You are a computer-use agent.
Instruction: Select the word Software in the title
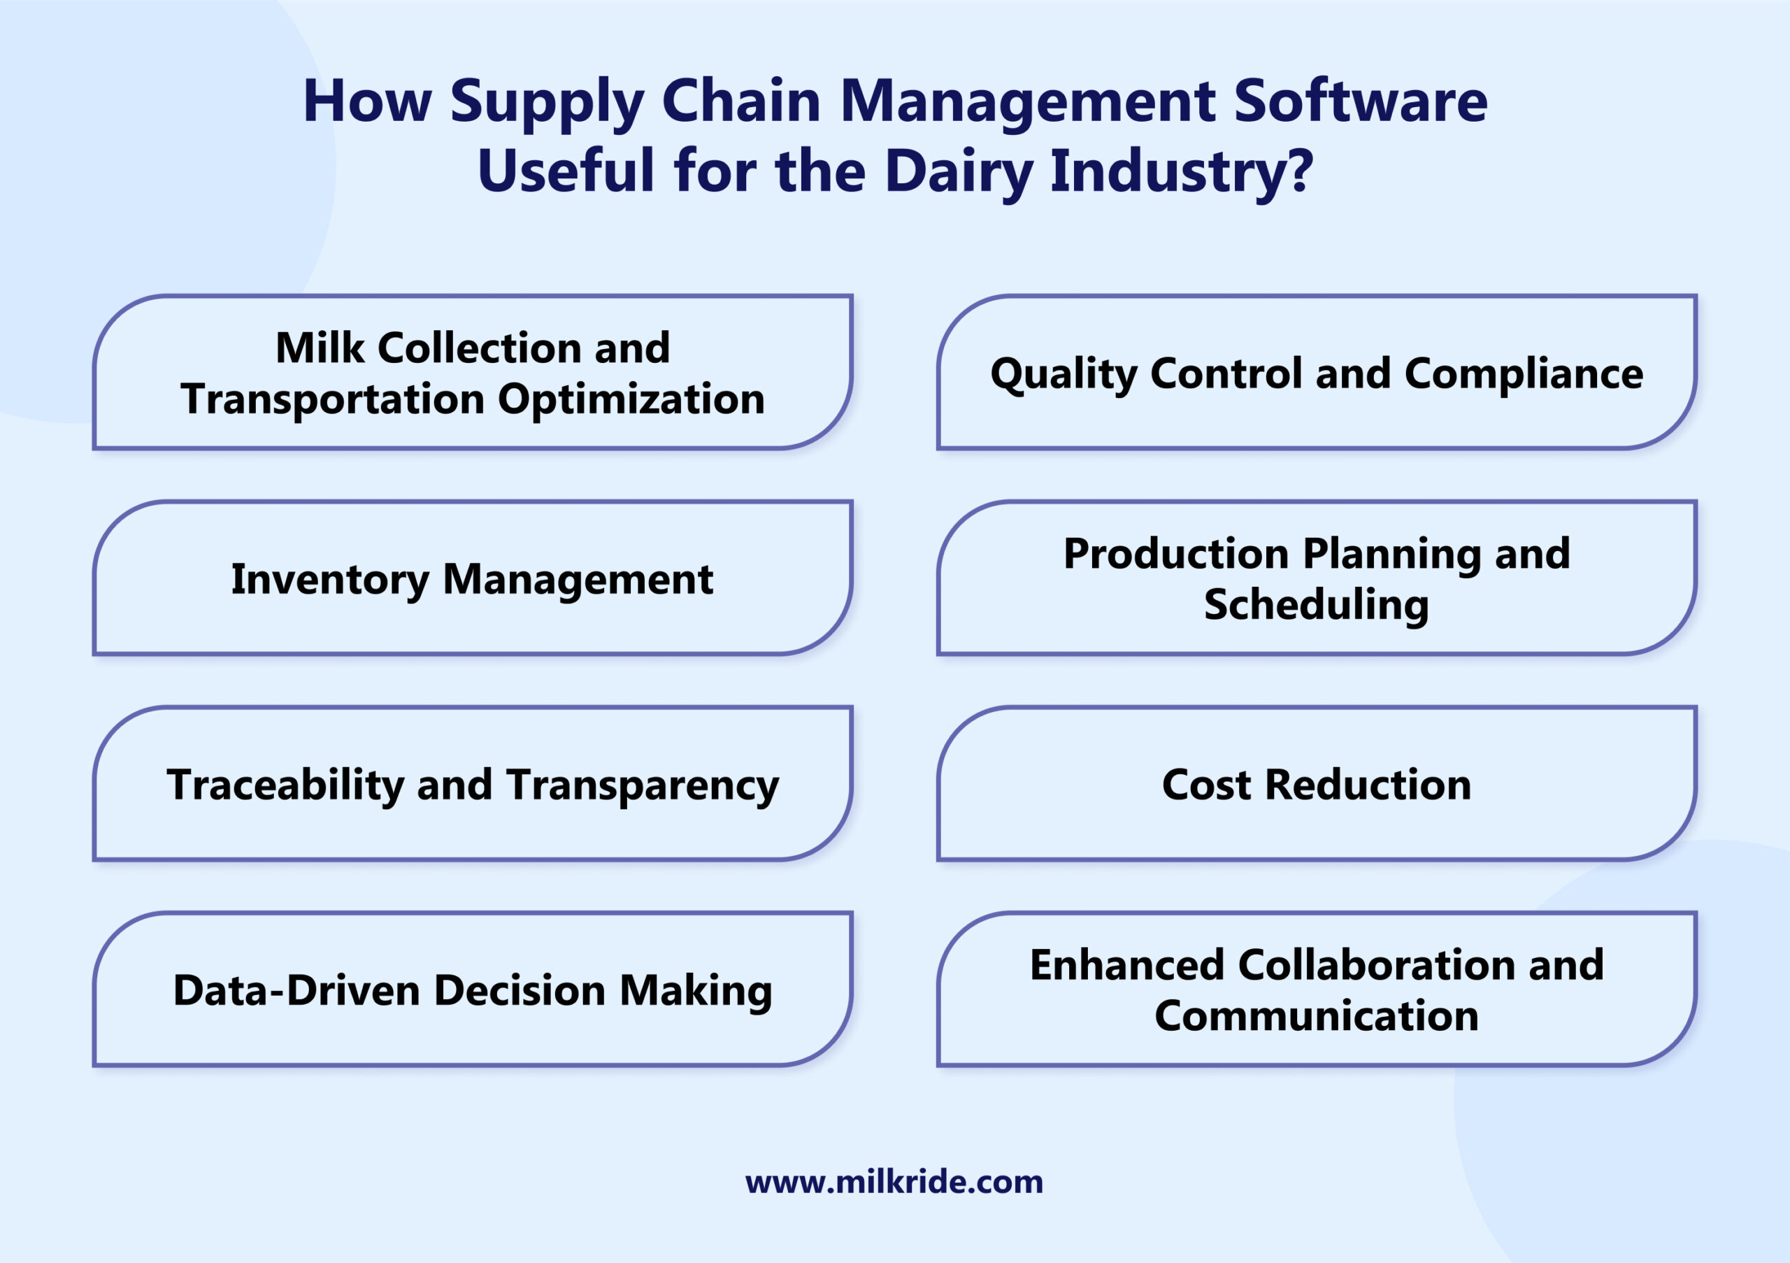pyautogui.click(x=1361, y=101)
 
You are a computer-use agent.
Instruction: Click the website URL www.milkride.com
pyautogui.click(x=894, y=1182)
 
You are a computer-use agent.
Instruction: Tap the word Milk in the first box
pyautogui.click(x=320, y=348)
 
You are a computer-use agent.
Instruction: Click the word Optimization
pyautogui.click(x=631, y=399)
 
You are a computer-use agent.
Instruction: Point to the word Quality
pyautogui.click(x=1064, y=374)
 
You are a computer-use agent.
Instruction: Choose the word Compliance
pyautogui.click(x=1524, y=374)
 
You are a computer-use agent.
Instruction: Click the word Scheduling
pyautogui.click(x=1317, y=605)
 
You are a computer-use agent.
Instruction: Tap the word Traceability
pyautogui.click(x=285, y=785)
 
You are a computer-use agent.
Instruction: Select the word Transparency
pyautogui.click(x=643, y=785)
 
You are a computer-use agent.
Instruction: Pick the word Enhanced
pyautogui.click(x=1126, y=965)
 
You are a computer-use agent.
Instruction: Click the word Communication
pyautogui.click(x=1317, y=1016)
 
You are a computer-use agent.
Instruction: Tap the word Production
pyautogui.click(x=1175, y=555)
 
